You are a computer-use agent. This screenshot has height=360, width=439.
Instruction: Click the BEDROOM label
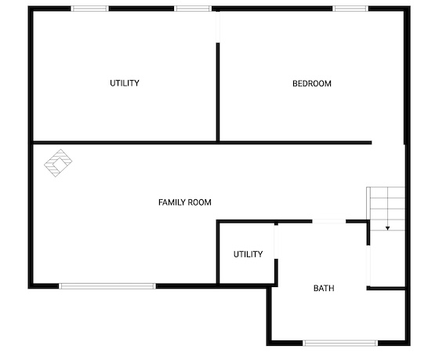pyautogui.click(x=312, y=83)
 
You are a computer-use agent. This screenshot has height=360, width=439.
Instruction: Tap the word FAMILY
pyautogui.click(x=172, y=202)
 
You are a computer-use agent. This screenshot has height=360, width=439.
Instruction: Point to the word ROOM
pyautogui.click(x=199, y=202)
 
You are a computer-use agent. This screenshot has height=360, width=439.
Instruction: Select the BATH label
pyautogui.click(x=324, y=288)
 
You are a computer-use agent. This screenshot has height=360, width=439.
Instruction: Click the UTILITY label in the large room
pyautogui.click(x=125, y=83)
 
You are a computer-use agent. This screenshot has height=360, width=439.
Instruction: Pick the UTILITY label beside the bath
pyautogui.click(x=248, y=254)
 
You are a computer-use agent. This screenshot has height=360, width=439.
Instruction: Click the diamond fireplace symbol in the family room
pyautogui.click(x=58, y=163)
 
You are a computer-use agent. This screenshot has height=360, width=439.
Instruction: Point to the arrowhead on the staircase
pyautogui.click(x=387, y=228)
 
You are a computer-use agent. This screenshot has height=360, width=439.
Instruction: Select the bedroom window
pyautogui.click(x=350, y=9)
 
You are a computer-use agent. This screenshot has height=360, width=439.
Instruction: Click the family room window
pyautogui.click(x=107, y=286)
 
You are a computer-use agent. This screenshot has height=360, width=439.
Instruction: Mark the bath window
pyautogui.click(x=340, y=343)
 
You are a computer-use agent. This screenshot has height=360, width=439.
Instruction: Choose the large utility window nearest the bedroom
pyautogui.click(x=193, y=9)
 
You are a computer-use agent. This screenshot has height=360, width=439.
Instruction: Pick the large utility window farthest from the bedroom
pyautogui.click(x=89, y=9)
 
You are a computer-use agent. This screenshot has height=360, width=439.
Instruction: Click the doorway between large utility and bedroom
pyautogui.click(x=218, y=27)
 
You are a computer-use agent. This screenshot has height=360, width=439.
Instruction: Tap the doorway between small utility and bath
pyautogui.click(x=276, y=242)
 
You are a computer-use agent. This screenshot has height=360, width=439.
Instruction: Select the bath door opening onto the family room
pyautogui.click(x=329, y=221)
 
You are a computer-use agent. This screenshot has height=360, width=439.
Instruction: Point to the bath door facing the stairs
pyautogui.click(x=368, y=266)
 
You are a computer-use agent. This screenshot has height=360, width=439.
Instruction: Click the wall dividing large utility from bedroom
pyautogui.click(x=218, y=92)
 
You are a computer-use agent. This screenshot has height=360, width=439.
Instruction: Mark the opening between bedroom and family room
pyautogui.click(x=388, y=143)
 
